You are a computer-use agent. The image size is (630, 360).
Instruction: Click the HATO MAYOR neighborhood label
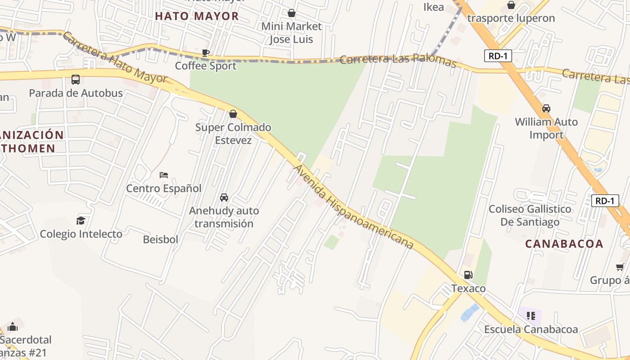[197, 16]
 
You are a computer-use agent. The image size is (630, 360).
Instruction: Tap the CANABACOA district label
[564, 244]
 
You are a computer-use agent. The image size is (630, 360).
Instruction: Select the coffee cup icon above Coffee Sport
[206, 53]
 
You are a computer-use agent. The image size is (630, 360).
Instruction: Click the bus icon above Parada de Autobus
[76, 80]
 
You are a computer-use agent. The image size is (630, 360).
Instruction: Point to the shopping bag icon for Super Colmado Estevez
[233, 114]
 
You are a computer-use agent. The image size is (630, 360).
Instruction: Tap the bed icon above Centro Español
[164, 175]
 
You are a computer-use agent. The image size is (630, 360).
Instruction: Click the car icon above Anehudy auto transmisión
[224, 197]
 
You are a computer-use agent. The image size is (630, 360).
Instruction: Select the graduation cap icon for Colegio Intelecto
[81, 220]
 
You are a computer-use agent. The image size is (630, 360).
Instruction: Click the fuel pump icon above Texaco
[468, 275]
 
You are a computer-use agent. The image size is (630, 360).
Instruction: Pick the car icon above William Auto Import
[546, 108]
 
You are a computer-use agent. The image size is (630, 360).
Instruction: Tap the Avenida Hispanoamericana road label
[353, 207]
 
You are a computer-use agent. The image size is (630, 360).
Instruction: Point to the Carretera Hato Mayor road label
[115, 58]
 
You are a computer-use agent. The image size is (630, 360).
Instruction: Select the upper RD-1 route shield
[498, 56]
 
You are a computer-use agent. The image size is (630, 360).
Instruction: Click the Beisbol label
[161, 239]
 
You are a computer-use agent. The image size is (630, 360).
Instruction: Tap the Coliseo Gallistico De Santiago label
[530, 216]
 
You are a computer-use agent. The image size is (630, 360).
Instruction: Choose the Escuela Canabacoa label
[531, 329]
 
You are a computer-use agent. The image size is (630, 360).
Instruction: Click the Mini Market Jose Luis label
[292, 33]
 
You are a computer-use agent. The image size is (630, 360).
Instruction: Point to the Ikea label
[434, 7]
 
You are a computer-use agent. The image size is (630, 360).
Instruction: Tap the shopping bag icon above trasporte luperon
[511, 5]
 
